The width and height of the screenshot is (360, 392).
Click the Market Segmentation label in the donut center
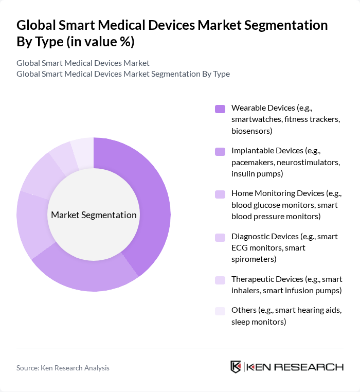pos(94,215)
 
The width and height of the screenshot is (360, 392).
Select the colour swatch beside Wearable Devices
pos(220,109)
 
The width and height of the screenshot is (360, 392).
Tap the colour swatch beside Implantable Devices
pos(220,151)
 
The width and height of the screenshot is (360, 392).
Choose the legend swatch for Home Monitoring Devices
pos(220,194)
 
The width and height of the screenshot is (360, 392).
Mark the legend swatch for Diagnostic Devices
pos(220,237)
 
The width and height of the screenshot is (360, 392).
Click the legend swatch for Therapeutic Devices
pos(220,279)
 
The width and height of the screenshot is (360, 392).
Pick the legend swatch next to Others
pos(220,311)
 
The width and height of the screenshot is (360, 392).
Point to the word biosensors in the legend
pos(251,131)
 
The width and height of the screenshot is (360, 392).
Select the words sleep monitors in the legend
pos(258,322)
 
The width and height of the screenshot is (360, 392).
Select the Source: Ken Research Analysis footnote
pos(63,368)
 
